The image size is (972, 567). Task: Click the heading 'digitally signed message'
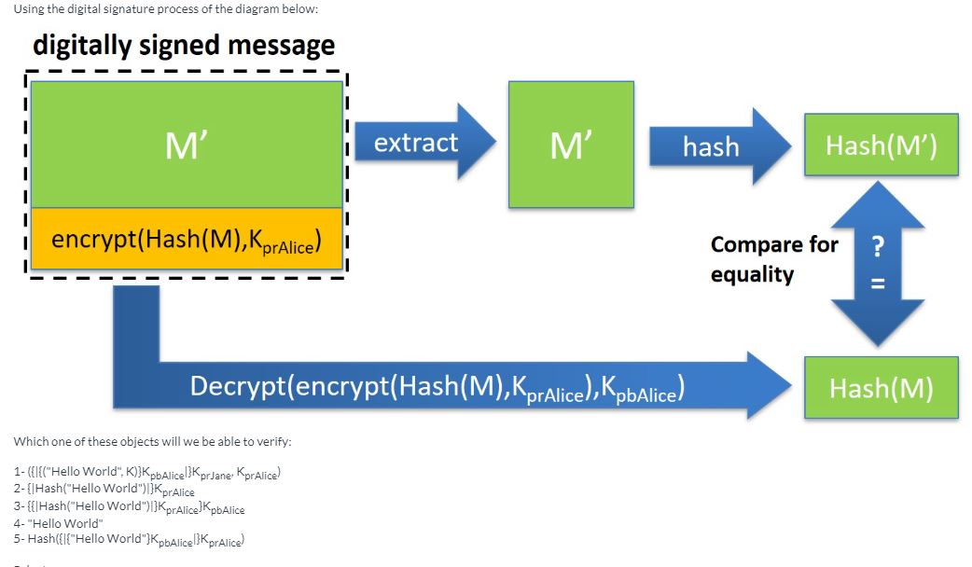pos(184,44)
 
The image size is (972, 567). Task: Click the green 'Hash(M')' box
pos(881,145)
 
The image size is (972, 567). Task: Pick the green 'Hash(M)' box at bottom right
pos(881,388)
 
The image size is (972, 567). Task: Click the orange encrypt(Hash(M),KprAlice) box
pos(187,241)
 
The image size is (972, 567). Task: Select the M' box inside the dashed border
pos(187,145)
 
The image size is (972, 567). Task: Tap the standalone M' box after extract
pos(571,145)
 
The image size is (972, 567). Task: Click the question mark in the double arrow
pos(878,247)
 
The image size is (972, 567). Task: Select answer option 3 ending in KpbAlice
pos(130,507)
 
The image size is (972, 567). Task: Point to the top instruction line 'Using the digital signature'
pos(166,8)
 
